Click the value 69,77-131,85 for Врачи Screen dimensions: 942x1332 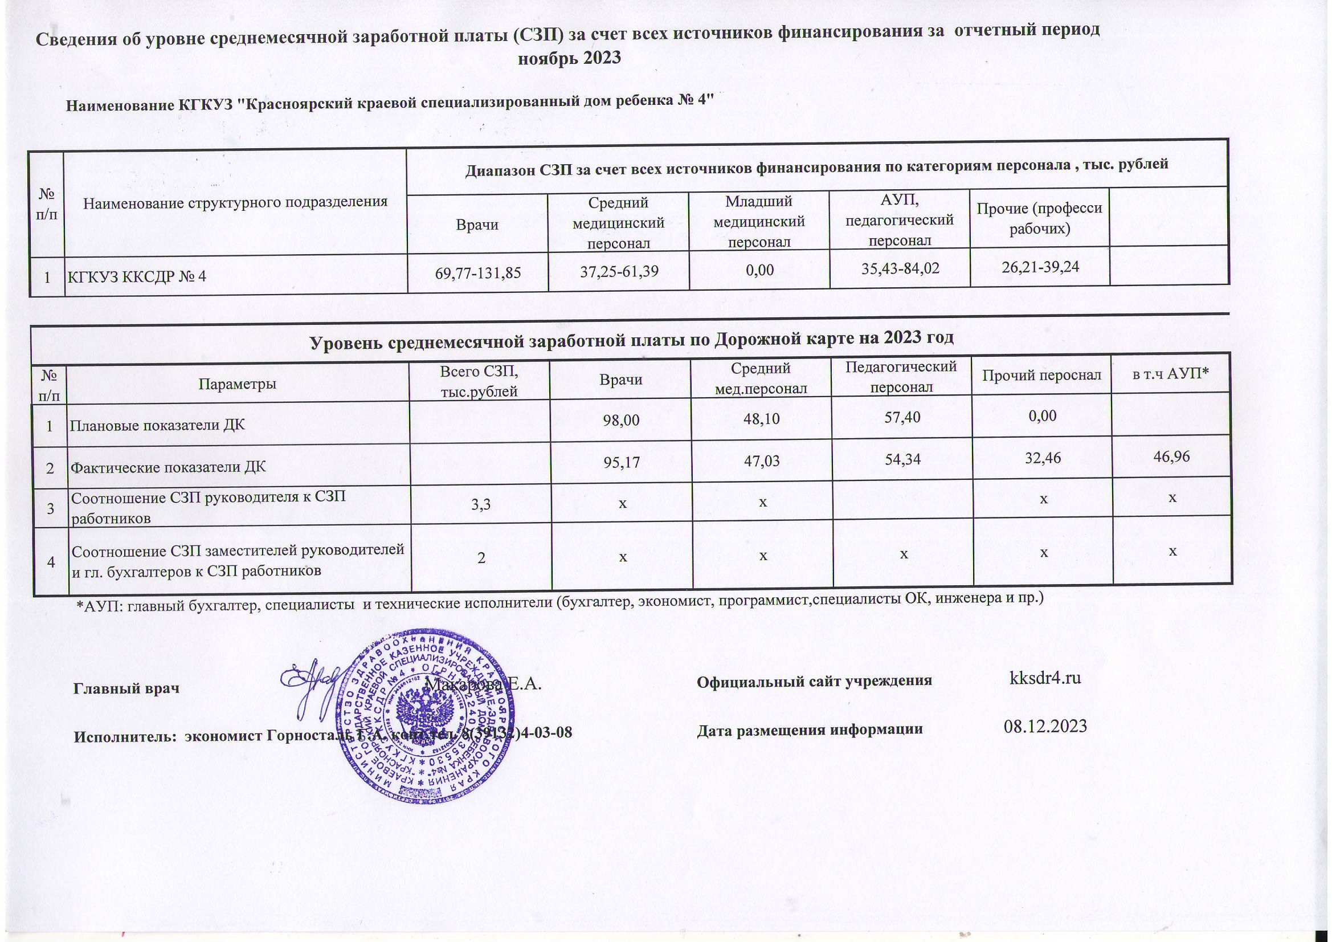477,271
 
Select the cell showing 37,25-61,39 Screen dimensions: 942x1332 619,270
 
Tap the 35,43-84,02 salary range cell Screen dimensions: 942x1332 900,268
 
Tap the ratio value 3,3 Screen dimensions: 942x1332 481,504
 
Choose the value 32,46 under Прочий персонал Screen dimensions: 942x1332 1043,458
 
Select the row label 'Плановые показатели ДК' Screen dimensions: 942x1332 157,425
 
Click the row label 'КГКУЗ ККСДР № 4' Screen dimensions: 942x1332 137,276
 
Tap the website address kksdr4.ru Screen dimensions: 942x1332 1045,678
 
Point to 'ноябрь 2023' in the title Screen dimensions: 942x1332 569,58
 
